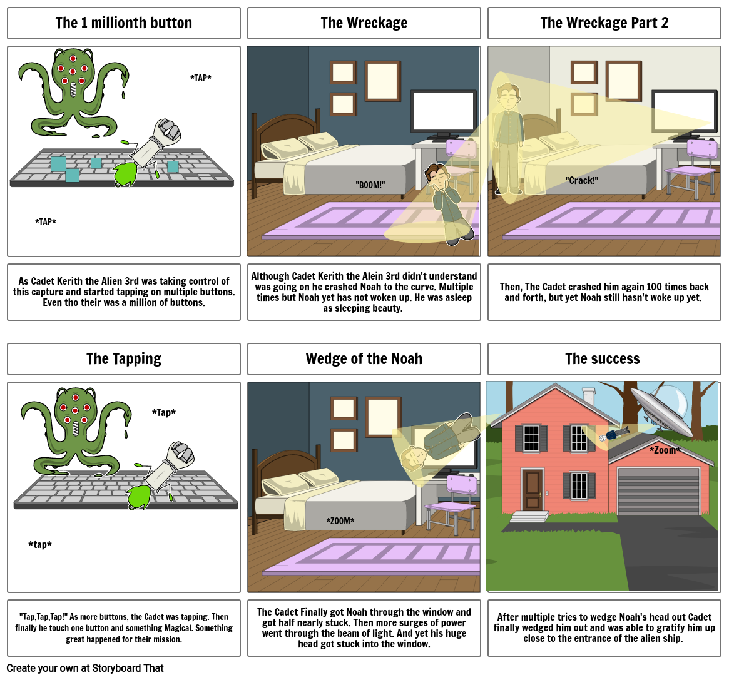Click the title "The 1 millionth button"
tap(123, 23)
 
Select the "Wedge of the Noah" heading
tap(364, 359)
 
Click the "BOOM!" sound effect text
tap(370, 185)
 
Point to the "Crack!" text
tap(582, 181)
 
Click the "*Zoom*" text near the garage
tap(665, 450)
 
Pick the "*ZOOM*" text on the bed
tap(340, 521)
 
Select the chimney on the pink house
tap(588, 397)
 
